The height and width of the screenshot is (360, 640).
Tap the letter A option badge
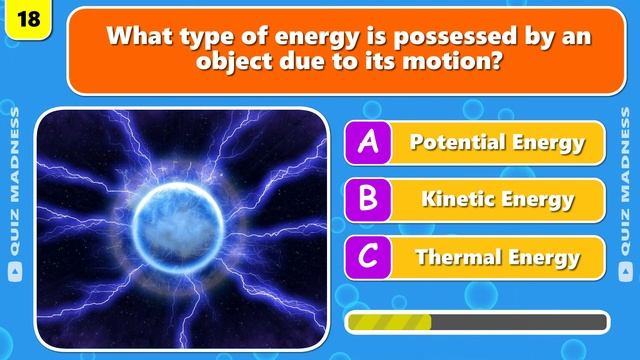click(367, 142)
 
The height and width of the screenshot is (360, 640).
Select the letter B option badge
click(367, 199)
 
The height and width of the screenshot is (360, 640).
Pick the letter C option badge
click(367, 257)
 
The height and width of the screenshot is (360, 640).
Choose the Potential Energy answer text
click(497, 142)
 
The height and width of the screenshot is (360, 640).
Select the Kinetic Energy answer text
click(497, 199)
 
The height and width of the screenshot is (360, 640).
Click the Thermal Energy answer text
click(497, 257)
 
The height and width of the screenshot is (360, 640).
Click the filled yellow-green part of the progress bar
click(389, 322)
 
